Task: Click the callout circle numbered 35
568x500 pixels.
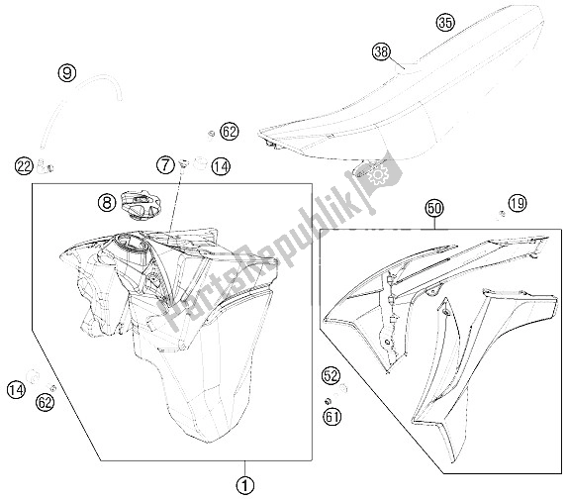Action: [x=445, y=23]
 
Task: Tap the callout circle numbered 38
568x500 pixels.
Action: [x=381, y=52]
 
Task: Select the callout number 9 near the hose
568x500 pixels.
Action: [x=67, y=73]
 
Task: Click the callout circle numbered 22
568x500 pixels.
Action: [x=25, y=166]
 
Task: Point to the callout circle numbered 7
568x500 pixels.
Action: [x=166, y=166]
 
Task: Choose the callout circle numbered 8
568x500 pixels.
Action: [x=107, y=202]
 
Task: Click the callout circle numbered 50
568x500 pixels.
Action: [x=435, y=208]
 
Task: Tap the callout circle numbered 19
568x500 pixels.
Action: [x=518, y=203]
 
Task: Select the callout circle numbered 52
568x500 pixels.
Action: [x=331, y=375]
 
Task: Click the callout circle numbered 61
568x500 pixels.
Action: [x=332, y=417]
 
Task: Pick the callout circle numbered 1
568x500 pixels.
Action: [x=244, y=484]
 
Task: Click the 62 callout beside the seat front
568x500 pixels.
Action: [x=230, y=131]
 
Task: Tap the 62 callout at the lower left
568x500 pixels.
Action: [x=45, y=402]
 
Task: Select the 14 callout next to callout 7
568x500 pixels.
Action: [x=221, y=166]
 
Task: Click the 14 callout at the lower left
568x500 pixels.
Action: [x=16, y=390]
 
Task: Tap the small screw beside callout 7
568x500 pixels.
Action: [x=184, y=164]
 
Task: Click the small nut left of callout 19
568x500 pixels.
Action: [x=502, y=214]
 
